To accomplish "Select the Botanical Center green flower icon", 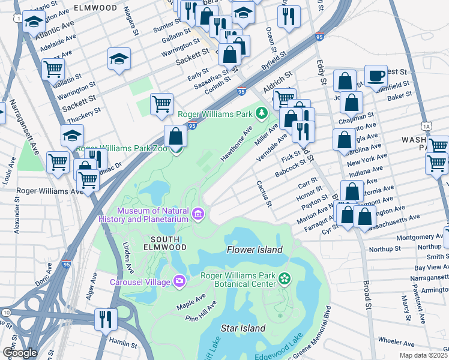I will (x=284, y=279).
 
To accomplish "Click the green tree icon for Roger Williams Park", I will (x=261, y=112).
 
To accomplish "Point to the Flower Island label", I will (x=253, y=250).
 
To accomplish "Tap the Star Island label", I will (x=243, y=328).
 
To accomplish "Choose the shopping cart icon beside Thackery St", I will (x=161, y=104).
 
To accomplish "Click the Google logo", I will (x=20, y=353).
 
